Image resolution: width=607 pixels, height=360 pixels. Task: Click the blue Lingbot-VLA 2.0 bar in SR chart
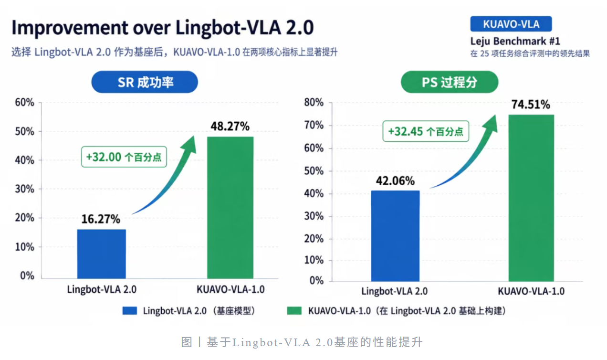102,254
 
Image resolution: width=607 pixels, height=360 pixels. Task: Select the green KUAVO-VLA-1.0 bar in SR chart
230,207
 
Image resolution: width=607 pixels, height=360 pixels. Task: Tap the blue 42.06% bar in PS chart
396,236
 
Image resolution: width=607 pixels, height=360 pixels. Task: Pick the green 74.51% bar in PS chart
532,198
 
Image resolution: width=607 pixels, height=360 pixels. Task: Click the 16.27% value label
101,219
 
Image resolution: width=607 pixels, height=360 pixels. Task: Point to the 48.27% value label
230,127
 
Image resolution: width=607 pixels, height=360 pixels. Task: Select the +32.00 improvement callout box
124,157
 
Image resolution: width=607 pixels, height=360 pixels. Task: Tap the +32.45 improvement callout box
426,131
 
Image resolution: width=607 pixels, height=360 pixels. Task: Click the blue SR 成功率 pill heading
145,82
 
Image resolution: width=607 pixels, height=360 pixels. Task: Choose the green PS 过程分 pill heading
450,82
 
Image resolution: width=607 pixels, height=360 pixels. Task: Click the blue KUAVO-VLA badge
511,24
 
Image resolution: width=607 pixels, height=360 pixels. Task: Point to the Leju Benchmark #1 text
515,41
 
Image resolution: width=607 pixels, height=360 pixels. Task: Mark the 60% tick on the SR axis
25,103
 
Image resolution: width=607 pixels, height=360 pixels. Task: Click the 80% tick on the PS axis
314,103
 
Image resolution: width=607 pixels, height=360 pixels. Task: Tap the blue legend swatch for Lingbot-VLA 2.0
129,311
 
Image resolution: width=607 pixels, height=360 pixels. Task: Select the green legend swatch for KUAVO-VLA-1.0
294,311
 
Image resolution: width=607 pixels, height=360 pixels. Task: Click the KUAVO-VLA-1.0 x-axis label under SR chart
230,289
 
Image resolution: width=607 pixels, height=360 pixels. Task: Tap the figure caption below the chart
302,342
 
